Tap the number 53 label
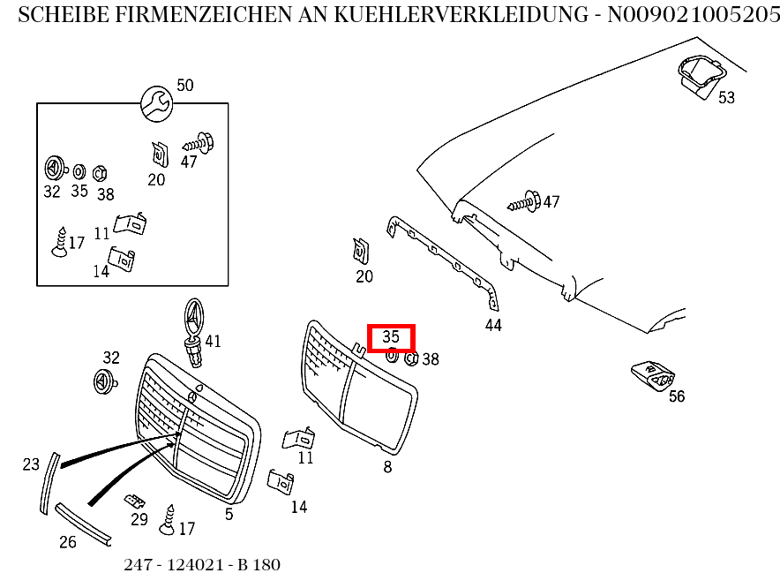tap(725, 97)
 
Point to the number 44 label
tap(493, 325)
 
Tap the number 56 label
tap(676, 396)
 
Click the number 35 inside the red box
tap(391, 336)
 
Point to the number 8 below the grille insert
tap(387, 467)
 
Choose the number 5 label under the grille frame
tap(229, 514)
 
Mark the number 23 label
tap(31, 464)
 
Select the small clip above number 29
tap(135, 501)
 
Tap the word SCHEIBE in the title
tap(55, 15)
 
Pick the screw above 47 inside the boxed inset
tap(199, 141)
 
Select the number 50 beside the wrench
tap(184, 86)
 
